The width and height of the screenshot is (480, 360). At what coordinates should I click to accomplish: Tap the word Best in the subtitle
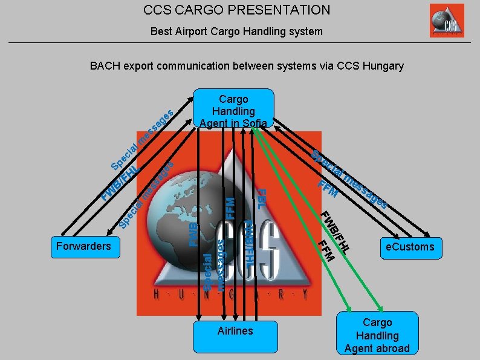[161, 31]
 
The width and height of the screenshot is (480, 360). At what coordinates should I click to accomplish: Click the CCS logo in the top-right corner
[447, 21]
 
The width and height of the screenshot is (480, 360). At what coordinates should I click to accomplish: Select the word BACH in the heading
[105, 66]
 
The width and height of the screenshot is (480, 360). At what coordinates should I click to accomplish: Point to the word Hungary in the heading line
[383, 66]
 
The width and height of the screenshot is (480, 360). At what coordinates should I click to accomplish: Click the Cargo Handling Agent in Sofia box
[233, 110]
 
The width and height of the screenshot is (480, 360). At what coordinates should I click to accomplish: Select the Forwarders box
[83, 246]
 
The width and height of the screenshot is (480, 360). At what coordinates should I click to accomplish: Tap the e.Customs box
[410, 247]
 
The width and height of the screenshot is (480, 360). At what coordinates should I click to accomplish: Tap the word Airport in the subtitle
[190, 31]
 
